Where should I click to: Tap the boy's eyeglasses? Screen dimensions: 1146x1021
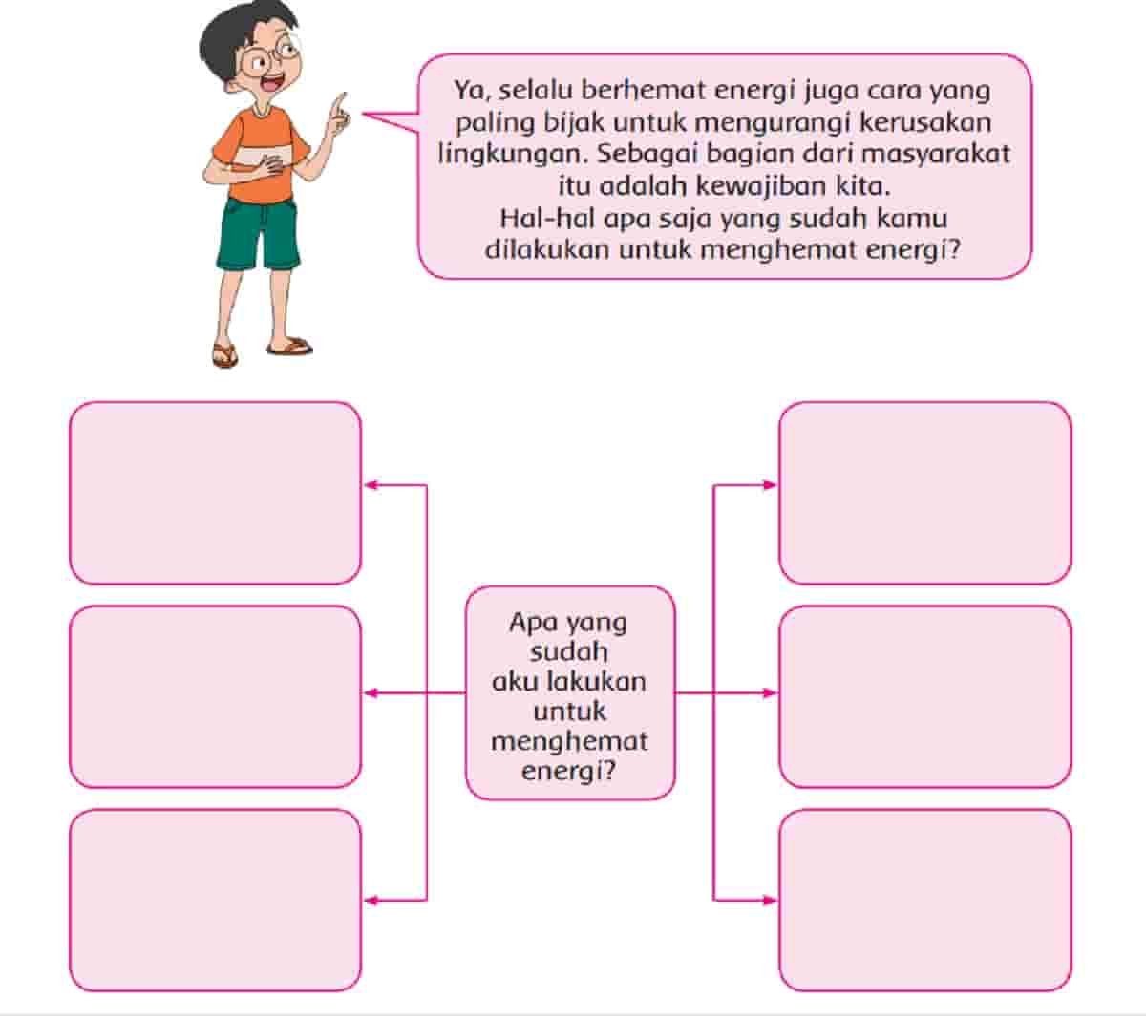click(271, 56)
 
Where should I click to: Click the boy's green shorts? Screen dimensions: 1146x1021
click(258, 234)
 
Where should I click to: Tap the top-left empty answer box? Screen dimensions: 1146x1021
click(216, 493)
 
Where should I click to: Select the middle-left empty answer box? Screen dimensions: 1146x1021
click(216, 696)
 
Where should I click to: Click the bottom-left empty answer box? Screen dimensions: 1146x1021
click(216, 900)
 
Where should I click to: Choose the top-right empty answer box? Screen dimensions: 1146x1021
click(925, 493)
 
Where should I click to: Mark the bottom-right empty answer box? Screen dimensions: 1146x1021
click(925, 900)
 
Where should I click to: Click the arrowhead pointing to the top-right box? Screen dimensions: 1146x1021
click(771, 485)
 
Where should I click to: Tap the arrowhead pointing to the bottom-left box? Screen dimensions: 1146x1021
click(371, 900)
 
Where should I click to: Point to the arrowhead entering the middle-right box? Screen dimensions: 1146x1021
click(771, 692)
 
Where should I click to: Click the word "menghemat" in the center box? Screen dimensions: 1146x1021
click(569, 742)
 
